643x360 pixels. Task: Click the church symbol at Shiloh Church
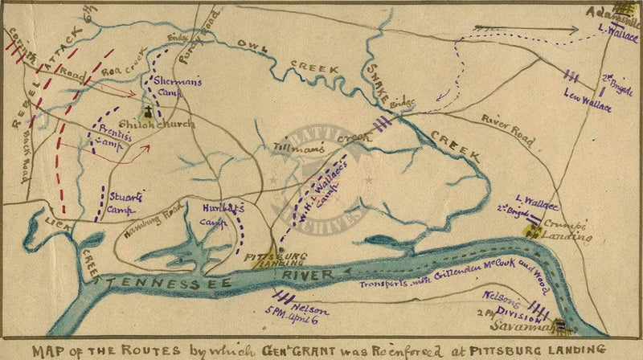click(x=149, y=116)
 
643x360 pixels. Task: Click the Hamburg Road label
click(x=153, y=221)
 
